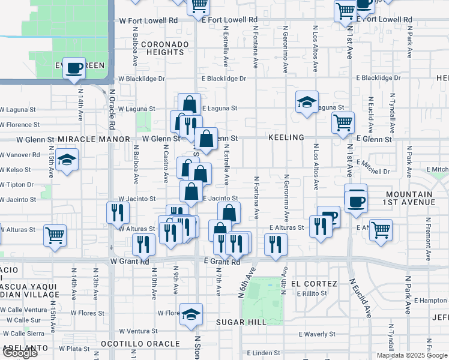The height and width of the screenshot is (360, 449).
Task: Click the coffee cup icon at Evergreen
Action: (74, 68)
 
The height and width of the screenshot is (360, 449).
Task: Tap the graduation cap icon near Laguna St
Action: (307, 101)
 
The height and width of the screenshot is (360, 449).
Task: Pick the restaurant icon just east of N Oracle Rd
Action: (117, 212)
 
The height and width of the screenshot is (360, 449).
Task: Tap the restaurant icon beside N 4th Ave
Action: (276, 244)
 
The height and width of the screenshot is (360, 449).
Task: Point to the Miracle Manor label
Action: (94, 139)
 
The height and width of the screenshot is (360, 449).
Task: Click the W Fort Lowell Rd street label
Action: (149, 20)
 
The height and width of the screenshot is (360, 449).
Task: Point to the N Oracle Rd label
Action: (112, 111)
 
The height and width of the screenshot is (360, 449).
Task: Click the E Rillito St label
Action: (312, 294)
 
